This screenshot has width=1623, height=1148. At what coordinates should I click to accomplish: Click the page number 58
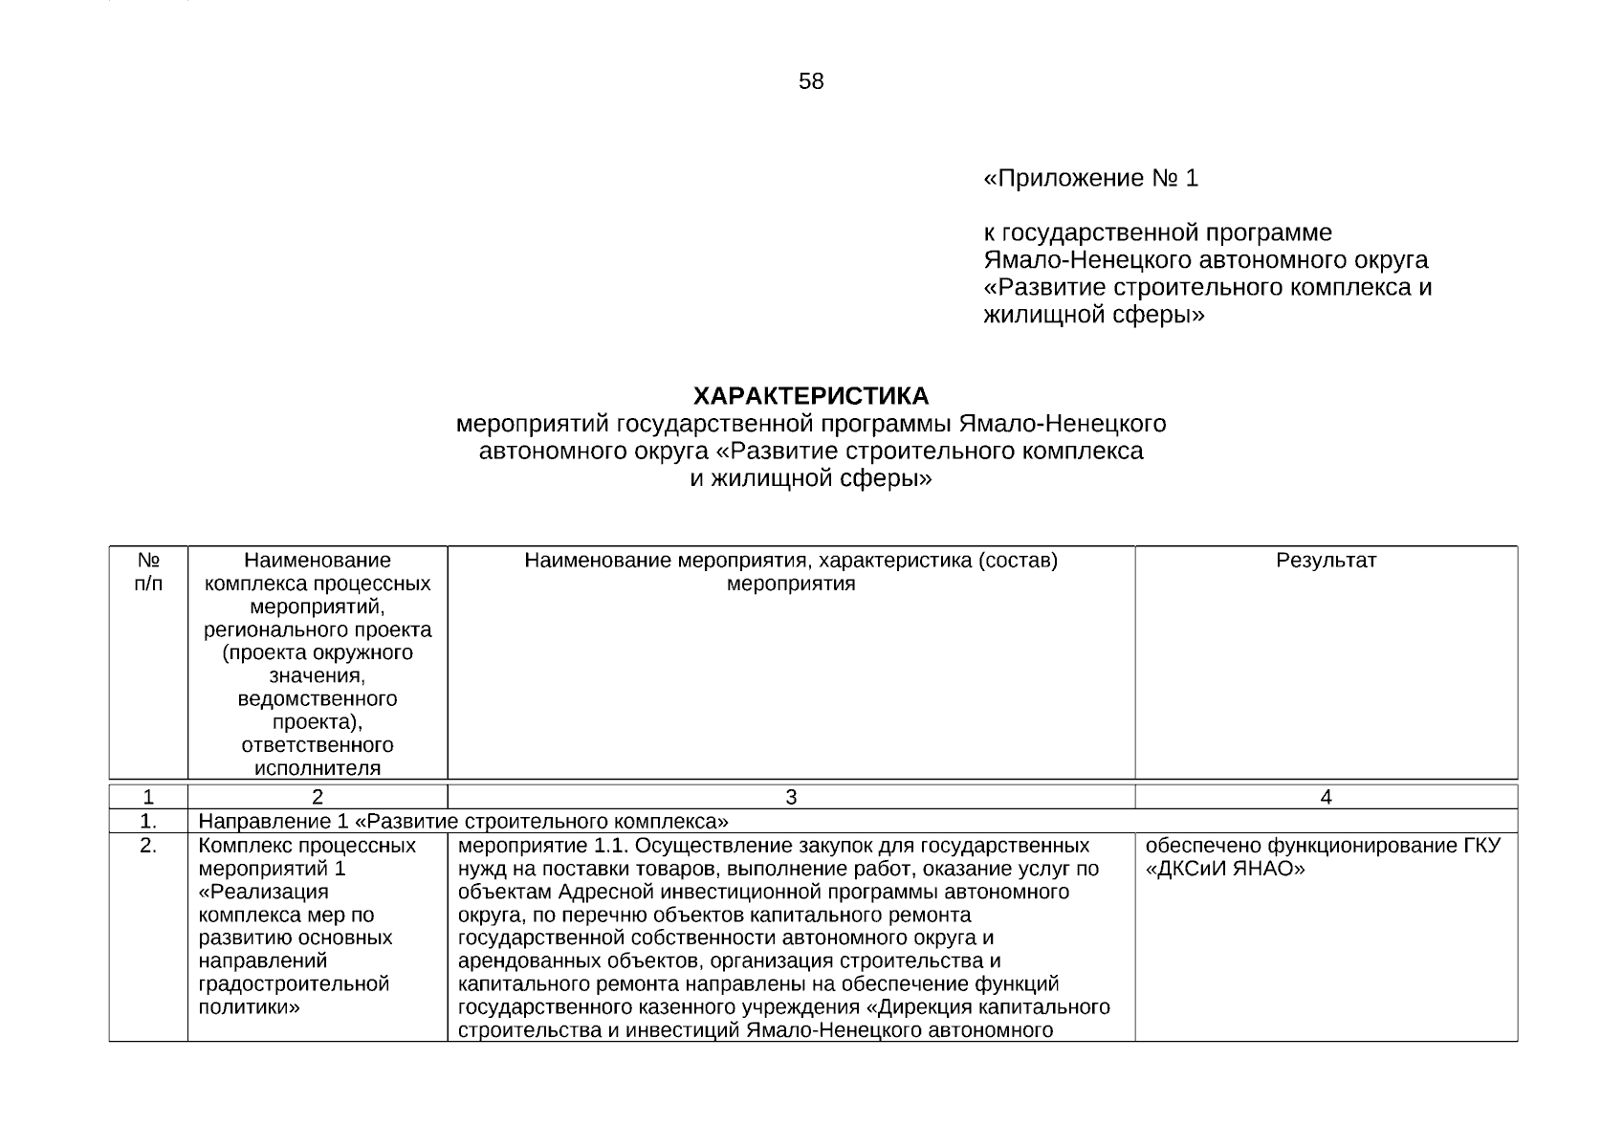pyautogui.click(x=810, y=82)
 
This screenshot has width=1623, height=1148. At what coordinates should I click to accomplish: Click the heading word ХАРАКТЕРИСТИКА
pyautogui.click(x=810, y=396)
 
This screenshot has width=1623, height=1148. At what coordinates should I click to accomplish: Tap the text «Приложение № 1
pyautogui.click(x=1090, y=179)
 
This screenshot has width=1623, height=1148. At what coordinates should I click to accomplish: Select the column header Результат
pyautogui.click(x=1326, y=561)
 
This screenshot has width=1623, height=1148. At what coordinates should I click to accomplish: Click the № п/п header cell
pyautogui.click(x=148, y=571)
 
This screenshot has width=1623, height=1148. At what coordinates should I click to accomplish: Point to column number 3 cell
pyautogui.click(x=791, y=797)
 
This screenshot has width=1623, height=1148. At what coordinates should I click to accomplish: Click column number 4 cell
pyautogui.click(x=1326, y=797)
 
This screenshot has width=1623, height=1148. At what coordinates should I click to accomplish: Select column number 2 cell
pyautogui.click(x=318, y=797)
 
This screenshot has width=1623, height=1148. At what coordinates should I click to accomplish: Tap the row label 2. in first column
pyautogui.click(x=148, y=846)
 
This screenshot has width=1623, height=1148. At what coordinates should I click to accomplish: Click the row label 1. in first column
pyautogui.click(x=148, y=822)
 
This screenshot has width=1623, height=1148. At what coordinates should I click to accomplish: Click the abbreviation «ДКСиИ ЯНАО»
pyautogui.click(x=1225, y=870)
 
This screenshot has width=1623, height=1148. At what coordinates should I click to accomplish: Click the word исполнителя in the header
pyautogui.click(x=318, y=768)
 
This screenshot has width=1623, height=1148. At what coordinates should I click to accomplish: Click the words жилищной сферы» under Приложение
pyautogui.click(x=1093, y=315)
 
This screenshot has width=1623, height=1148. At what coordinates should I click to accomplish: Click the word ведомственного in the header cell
pyautogui.click(x=318, y=699)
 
